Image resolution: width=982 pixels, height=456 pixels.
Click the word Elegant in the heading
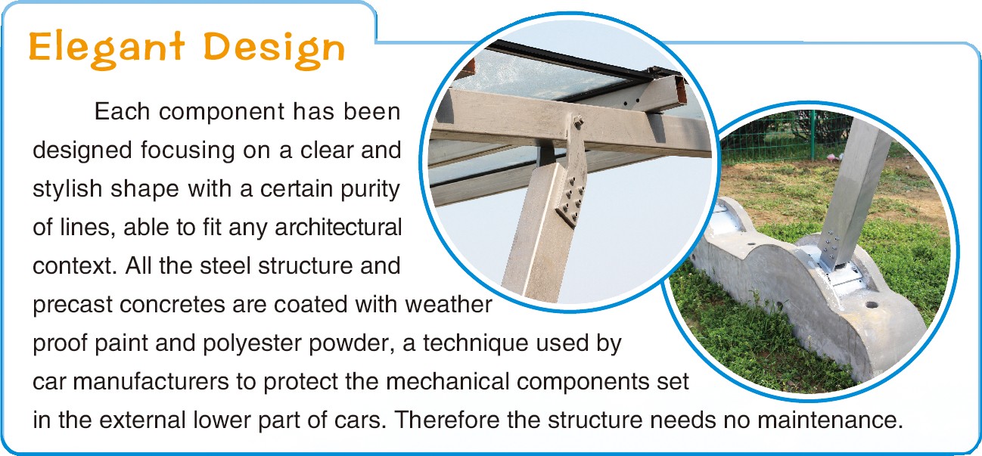[x=107, y=49]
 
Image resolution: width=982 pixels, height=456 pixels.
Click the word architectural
[x=338, y=227]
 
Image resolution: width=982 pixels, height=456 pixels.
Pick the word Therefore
[x=446, y=420]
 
